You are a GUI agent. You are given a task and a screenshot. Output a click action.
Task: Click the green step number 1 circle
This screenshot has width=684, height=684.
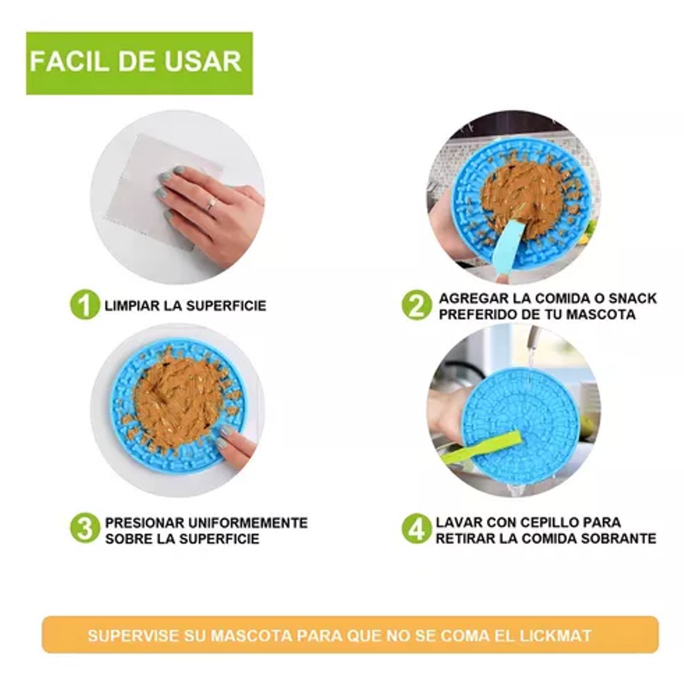84,304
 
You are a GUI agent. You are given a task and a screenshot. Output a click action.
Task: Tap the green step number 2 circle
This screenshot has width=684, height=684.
417,305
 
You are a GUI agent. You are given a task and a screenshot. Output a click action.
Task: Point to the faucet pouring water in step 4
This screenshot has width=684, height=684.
531,340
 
